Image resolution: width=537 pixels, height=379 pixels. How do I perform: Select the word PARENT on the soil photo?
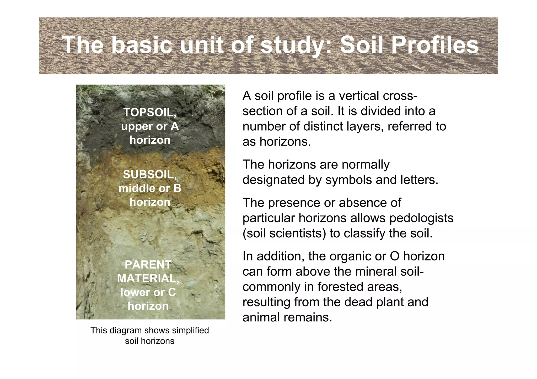click(x=148, y=265)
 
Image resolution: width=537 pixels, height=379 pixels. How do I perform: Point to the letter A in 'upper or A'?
click(x=175, y=126)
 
